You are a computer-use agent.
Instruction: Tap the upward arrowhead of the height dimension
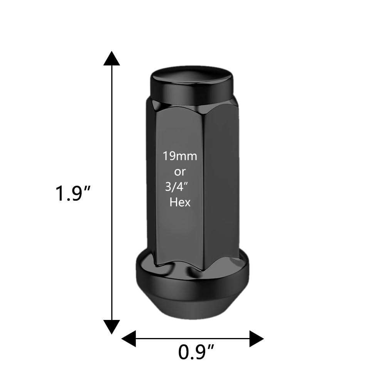[x=112, y=59]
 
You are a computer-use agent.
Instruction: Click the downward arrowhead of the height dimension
[x=112, y=326]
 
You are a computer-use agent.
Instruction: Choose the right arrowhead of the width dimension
[x=256, y=339]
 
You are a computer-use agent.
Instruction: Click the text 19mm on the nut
[x=179, y=156]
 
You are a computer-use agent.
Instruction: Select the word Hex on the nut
[x=180, y=202]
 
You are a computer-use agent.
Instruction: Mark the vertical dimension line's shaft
[x=112, y=250]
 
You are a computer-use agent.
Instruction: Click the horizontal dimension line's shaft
[x=192, y=339]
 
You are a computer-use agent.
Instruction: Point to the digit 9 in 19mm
[x=172, y=156]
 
